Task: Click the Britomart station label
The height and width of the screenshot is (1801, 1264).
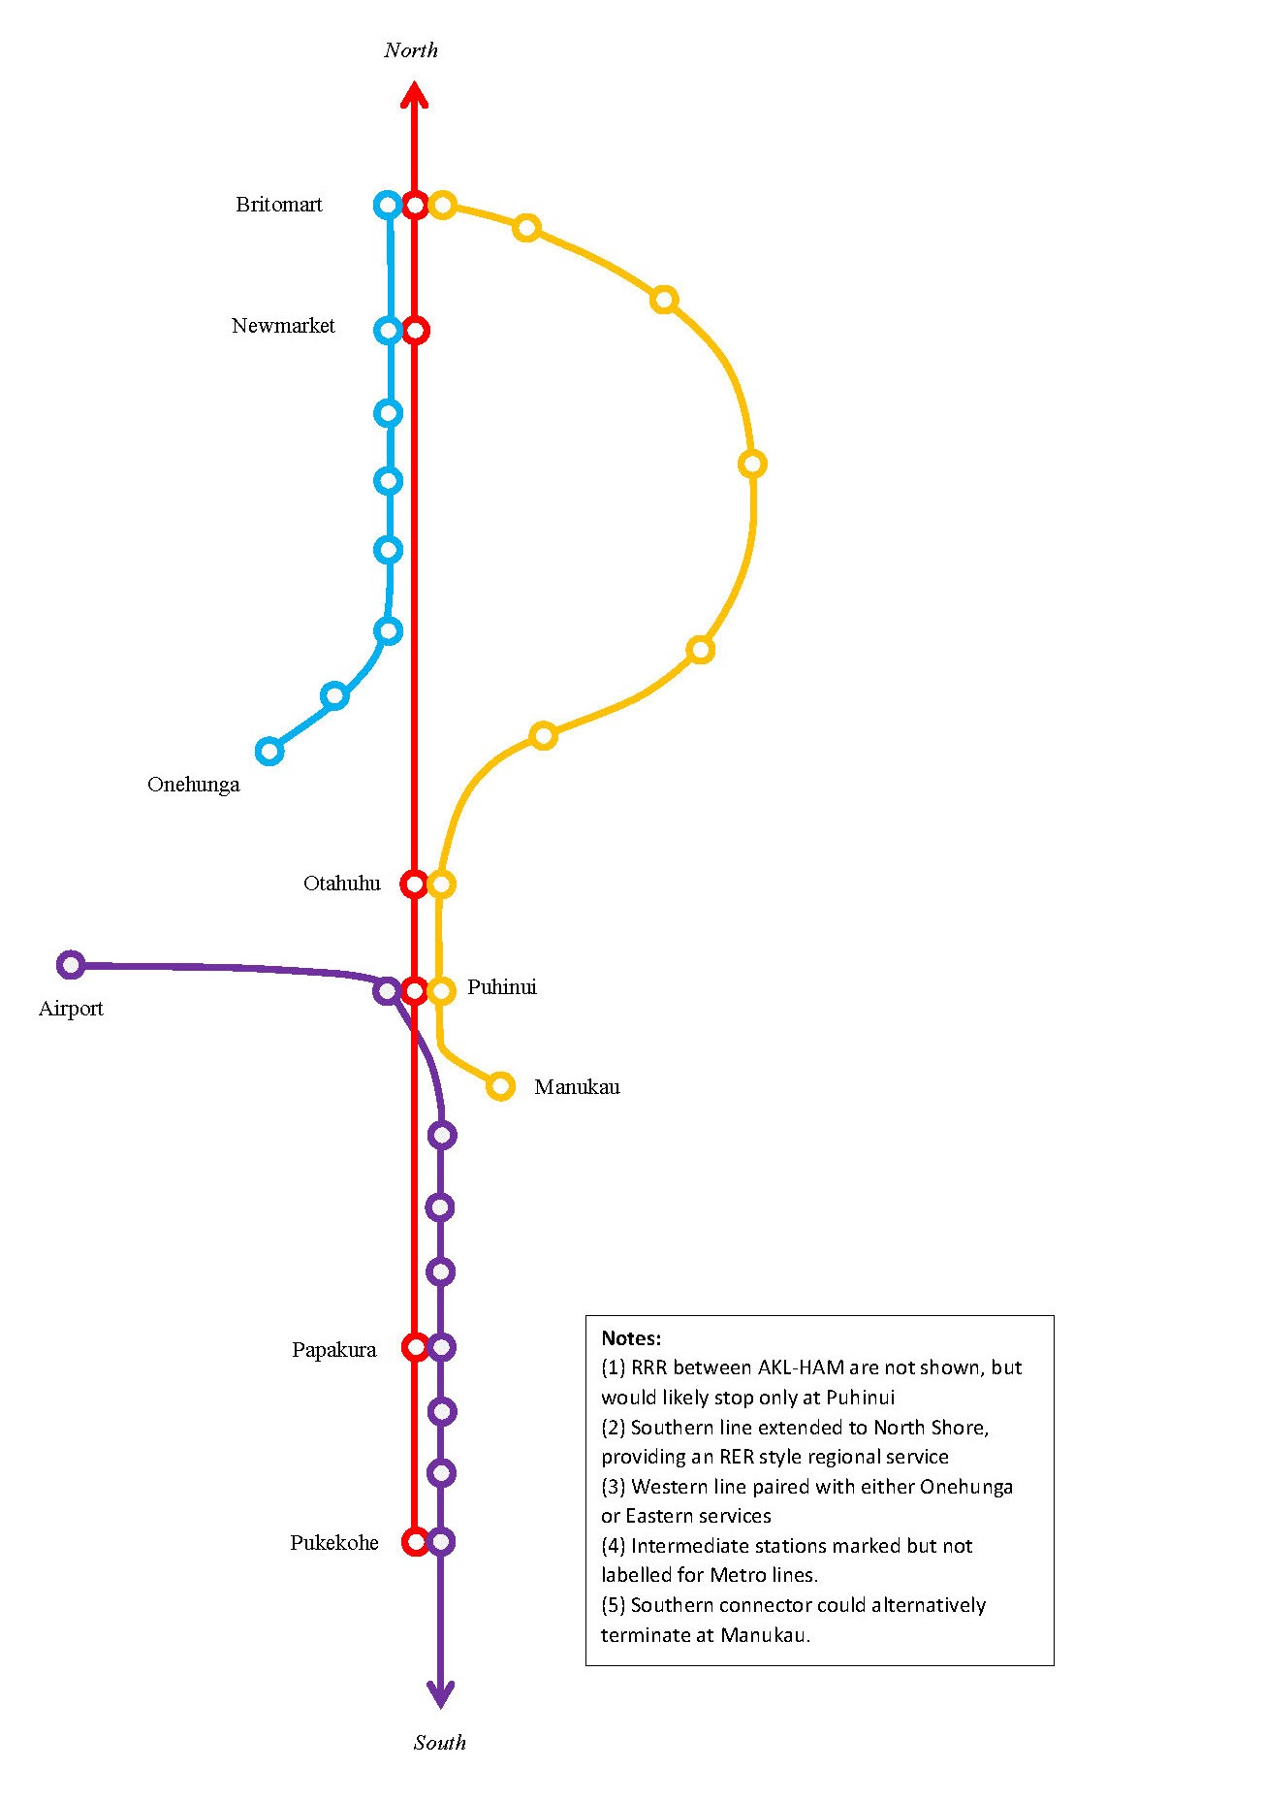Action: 278,205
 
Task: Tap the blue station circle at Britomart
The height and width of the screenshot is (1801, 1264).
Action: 388,205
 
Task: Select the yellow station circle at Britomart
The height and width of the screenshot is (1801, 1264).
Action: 442,205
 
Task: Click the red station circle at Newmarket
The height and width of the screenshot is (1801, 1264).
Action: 415,331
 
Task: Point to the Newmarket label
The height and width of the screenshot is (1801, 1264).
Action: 283,326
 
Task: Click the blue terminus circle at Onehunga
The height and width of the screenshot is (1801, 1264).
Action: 269,751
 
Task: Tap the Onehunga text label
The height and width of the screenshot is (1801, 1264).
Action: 193,785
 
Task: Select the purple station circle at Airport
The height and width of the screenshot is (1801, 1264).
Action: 70,965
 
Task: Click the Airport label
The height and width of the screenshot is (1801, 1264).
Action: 71,1009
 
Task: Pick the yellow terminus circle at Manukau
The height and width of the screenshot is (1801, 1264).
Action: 500,1086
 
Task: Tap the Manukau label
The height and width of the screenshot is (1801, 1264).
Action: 577,1087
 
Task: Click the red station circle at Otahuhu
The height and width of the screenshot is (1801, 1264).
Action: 414,884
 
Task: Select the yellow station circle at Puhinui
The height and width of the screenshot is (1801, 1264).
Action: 441,990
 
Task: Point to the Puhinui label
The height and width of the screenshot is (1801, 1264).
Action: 501,987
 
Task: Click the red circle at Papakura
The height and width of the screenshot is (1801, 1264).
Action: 415,1347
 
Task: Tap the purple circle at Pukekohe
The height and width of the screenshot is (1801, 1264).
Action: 441,1541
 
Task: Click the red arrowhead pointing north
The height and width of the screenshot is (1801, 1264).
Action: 415,95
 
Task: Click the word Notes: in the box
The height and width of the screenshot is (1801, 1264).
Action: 631,1338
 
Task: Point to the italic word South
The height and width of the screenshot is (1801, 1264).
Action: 440,1743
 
